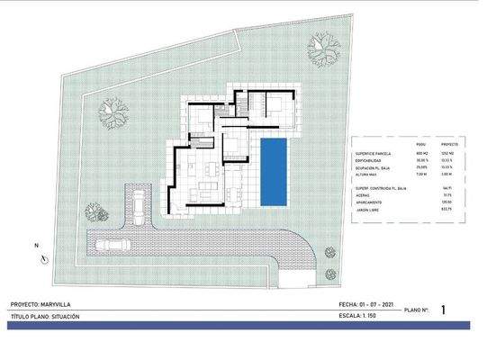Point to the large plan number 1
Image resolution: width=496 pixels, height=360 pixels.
(x=444, y=310)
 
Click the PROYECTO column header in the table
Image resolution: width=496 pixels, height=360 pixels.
(x=450, y=144)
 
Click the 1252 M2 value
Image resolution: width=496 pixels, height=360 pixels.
(x=450, y=155)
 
